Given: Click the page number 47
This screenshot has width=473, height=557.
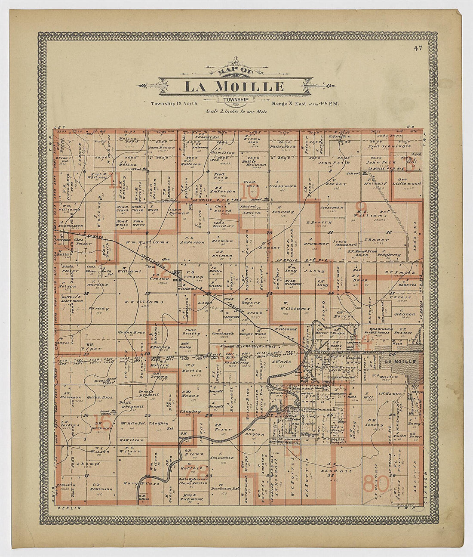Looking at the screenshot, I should (x=418, y=48).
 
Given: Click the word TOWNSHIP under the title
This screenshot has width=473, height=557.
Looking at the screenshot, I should (x=235, y=100).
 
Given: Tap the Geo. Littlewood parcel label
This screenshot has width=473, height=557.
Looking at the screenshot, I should (x=406, y=183).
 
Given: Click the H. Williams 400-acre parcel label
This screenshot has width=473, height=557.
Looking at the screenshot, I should (x=138, y=302).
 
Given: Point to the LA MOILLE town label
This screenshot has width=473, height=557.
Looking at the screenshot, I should (x=400, y=362).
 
